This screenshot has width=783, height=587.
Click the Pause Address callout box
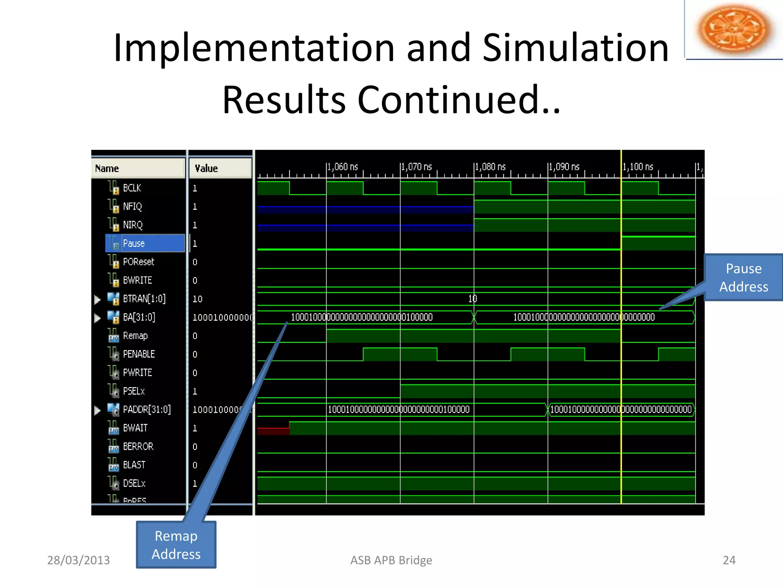[x=743, y=277]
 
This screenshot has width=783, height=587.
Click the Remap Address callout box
[x=176, y=545]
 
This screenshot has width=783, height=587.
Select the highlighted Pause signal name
[x=134, y=243]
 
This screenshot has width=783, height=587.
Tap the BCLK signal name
[x=132, y=188]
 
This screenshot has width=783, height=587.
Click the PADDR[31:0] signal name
[x=146, y=410]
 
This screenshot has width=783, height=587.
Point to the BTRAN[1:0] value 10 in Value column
[x=197, y=299]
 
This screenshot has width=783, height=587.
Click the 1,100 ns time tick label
[x=638, y=167]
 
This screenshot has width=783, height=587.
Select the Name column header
[x=107, y=169]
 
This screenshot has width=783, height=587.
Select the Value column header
[x=206, y=169]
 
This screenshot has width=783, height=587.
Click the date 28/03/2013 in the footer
[x=78, y=560]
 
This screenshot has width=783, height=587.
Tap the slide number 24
[x=729, y=560]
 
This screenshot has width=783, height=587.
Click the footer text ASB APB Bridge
[x=391, y=560]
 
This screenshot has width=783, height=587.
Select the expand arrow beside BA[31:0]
[x=97, y=318]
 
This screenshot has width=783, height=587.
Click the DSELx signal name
[x=134, y=483]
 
